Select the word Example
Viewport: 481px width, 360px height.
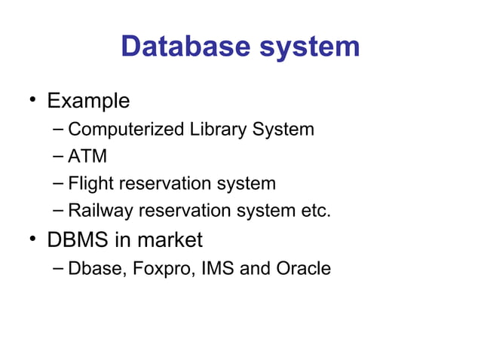(88, 101)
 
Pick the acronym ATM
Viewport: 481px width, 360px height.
(87, 157)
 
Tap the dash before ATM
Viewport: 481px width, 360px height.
(60, 157)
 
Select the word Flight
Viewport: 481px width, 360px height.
(90, 184)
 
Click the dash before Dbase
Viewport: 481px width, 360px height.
(60, 268)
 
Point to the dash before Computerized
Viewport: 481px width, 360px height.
(60, 130)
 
